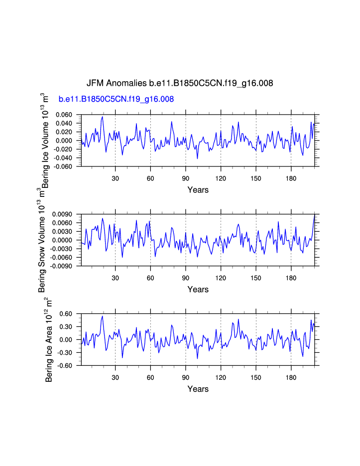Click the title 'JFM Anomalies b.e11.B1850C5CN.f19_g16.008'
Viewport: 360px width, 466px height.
180,83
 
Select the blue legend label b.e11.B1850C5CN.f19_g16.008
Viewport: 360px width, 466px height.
116,99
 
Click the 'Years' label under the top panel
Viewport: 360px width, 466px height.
198,190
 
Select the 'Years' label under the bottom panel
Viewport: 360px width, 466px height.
198,389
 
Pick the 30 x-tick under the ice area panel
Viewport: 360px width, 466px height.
115,377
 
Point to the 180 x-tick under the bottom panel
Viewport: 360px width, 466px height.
291,377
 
